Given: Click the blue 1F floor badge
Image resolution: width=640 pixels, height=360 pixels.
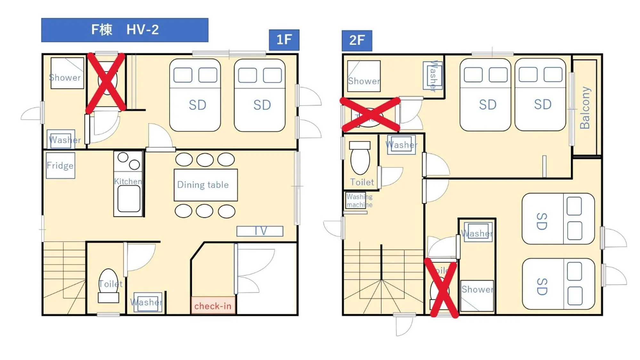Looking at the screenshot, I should pyautogui.click(x=284, y=40).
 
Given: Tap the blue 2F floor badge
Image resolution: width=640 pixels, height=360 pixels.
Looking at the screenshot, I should pyautogui.click(x=357, y=41).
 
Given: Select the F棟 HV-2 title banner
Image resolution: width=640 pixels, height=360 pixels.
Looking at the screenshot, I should pyautogui.click(x=125, y=30).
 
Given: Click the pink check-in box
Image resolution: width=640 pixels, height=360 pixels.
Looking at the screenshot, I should pyautogui.click(x=213, y=306).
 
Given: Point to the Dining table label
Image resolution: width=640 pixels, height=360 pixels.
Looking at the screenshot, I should pyautogui.click(x=203, y=185).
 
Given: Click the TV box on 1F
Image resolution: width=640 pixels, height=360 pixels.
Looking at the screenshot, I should pyautogui.click(x=260, y=231).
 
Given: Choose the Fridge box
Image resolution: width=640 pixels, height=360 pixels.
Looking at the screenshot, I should pyautogui.click(x=60, y=165).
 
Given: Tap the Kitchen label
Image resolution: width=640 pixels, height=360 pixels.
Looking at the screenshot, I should pyautogui.click(x=128, y=181).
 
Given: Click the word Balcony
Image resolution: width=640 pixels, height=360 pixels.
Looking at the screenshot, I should pyautogui.click(x=585, y=108).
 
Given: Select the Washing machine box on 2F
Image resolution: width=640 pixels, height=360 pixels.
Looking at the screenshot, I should pyautogui.click(x=359, y=201).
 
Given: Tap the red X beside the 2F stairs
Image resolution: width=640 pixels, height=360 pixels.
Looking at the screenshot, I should pyautogui.click(x=442, y=288).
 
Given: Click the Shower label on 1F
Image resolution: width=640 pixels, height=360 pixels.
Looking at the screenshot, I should pyautogui.click(x=65, y=77).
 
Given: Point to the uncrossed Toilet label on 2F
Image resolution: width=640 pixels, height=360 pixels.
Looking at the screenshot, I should pyautogui.click(x=362, y=182).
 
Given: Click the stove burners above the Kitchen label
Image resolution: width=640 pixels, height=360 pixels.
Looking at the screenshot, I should pyautogui.click(x=128, y=161).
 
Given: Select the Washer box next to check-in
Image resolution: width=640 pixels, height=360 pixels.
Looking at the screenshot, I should pyautogui.click(x=147, y=302).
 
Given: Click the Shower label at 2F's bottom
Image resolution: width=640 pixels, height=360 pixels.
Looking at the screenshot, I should pyautogui.click(x=477, y=289).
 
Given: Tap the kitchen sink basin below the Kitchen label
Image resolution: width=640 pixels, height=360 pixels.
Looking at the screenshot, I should pyautogui.click(x=128, y=199).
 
